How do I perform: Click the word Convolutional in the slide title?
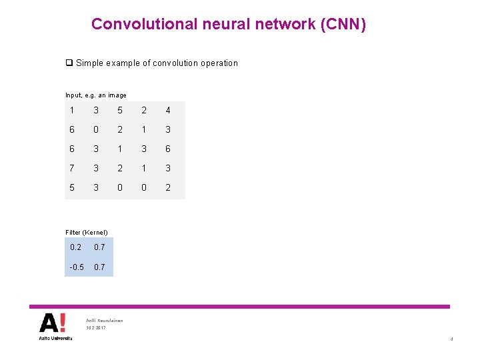(x=136, y=25)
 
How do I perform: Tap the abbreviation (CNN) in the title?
(x=343, y=25)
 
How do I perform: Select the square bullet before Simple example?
(x=69, y=63)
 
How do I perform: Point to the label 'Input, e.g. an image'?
(x=95, y=95)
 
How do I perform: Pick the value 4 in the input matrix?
(x=168, y=111)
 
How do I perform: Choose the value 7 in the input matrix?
(x=72, y=169)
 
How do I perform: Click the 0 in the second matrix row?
(x=96, y=130)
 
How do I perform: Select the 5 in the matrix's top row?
(x=120, y=111)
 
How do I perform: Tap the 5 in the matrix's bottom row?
(x=72, y=188)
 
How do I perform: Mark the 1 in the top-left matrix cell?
(x=72, y=111)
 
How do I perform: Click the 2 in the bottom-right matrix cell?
(x=168, y=188)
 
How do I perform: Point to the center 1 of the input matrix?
(x=120, y=149)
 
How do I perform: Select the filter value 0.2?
(x=76, y=247)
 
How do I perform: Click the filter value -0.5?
(x=76, y=267)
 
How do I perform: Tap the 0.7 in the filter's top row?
(x=99, y=247)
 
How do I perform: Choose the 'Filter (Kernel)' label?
(x=87, y=233)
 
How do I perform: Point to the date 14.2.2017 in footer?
(x=96, y=328)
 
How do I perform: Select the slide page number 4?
(x=451, y=339)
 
